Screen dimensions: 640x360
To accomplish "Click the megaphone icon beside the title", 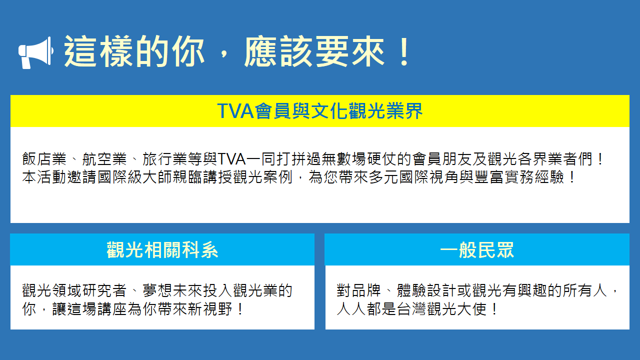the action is tap(35, 53).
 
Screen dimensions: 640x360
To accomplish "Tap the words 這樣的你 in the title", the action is tap(134, 51).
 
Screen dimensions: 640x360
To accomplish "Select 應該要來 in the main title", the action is tap(314, 51).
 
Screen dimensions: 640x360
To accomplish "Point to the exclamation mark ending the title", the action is tap(405, 51).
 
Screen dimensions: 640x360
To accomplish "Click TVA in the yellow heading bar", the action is tap(235, 111).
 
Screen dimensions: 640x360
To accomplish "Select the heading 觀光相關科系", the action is tap(162, 250).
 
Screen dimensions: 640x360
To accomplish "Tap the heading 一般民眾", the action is tap(477, 250).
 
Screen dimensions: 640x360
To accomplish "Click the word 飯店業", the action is tap(44, 159).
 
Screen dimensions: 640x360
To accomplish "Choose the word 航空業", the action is tap(104, 159).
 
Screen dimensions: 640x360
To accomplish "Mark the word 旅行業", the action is tap(165, 159).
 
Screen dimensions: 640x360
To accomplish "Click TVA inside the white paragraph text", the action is tap(231, 159).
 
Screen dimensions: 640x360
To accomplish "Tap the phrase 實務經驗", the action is tap(534, 177).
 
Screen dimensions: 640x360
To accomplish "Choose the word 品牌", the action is tap(366, 291).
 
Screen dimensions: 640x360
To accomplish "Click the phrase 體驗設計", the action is tap(426, 291).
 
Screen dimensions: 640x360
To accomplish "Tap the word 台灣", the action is tap(411, 309).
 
